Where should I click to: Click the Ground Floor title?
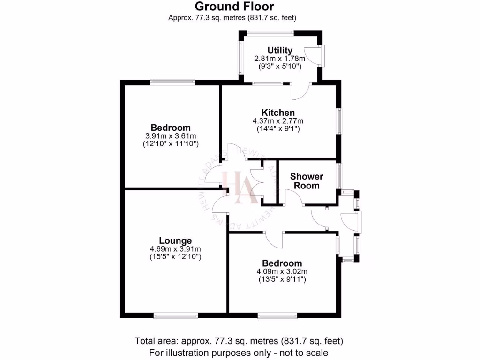234,6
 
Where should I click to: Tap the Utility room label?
280,50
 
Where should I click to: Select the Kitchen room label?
278,112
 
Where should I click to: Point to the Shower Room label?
307,181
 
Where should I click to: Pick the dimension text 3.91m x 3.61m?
171,136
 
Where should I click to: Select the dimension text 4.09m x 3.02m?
282,271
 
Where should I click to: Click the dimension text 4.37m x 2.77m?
278,120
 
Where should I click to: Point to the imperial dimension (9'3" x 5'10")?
280,67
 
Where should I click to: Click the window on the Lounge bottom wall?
175,316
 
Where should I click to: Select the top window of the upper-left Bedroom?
172,82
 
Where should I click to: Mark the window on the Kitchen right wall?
339,121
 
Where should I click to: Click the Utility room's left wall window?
241,57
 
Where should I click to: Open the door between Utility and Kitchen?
300,91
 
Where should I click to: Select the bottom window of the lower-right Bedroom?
277,316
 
